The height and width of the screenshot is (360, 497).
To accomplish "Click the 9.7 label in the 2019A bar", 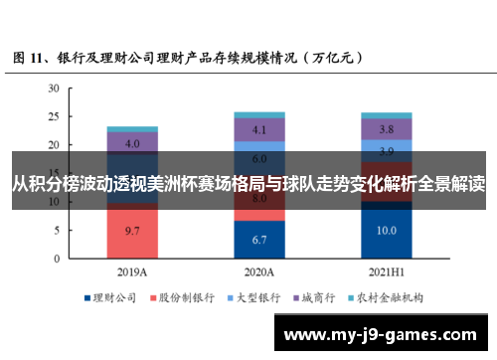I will pyautogui.click(x=132, y=231).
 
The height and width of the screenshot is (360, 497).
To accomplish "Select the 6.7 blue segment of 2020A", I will pyautogui.click(x=259, y=239).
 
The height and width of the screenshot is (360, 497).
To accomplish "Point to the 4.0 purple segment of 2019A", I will pyautogui.click(x=132, y=143).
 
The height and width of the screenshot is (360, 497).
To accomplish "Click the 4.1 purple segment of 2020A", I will pyautogui.click(x=259, y=129).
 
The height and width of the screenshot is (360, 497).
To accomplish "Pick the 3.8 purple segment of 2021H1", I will pyautogui.click(x=387, y=129).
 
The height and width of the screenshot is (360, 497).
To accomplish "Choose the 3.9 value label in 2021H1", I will pyautogui.click(x=387, y=150).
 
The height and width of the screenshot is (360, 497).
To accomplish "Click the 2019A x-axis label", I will pyautogui.click(x=132, y=270).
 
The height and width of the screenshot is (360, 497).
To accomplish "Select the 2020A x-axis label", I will pyautogui.click(x=259, y=270).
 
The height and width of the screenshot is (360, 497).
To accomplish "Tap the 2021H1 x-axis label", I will pyautogui.click(x=387, y=270).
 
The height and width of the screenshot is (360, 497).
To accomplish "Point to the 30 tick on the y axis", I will pyautogui.click(x=53, y=89).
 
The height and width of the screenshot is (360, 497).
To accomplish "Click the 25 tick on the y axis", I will pyautogui.click(x=53, y=117).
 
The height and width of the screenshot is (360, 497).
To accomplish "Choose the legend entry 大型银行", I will pyautogui.click(x=255, y=296).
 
